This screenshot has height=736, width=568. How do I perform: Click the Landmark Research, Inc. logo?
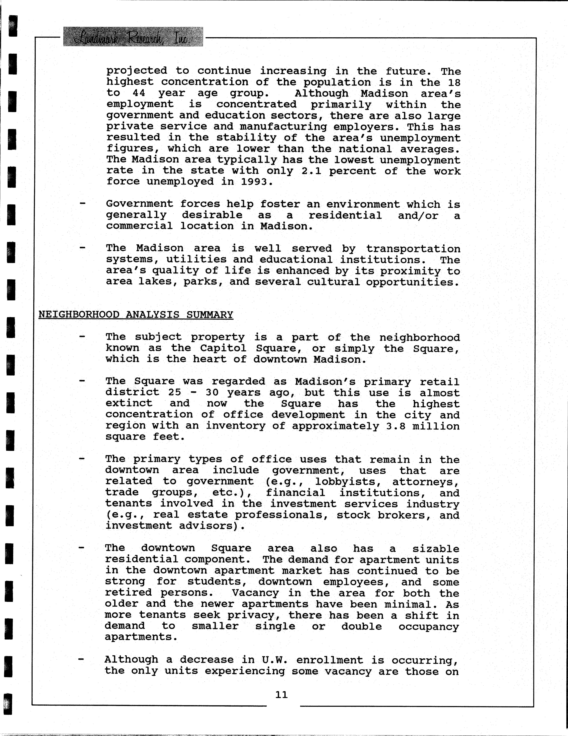(x=133, y=37)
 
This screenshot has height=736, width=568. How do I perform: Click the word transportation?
(x=413, y=249)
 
